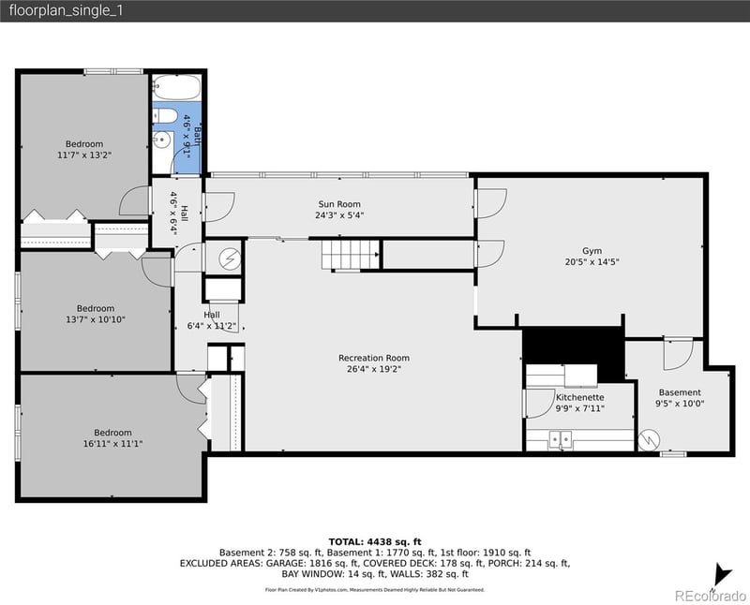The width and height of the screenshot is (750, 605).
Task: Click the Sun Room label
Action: coord(338,204)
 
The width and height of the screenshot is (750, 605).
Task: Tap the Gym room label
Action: coord(592,251)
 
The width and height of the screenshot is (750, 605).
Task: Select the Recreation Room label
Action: coord(374,358)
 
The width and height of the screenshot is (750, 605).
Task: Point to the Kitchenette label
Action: coord(579,397)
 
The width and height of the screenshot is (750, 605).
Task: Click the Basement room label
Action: coord(679,392)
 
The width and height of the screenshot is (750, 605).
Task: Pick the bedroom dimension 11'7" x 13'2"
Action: coord(84,155)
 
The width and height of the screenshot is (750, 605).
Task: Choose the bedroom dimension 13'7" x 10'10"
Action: coord(95,319)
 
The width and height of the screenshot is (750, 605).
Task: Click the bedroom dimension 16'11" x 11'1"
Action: coord(111,443)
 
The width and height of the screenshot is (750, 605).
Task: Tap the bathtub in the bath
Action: coord(175,88)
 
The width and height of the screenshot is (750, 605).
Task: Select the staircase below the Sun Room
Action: coord(352,254)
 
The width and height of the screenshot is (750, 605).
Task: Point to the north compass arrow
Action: coord(720,575)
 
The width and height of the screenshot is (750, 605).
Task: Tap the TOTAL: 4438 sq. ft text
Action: coord(374,541)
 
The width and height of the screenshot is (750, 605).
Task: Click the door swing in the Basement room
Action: coord(677,353)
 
